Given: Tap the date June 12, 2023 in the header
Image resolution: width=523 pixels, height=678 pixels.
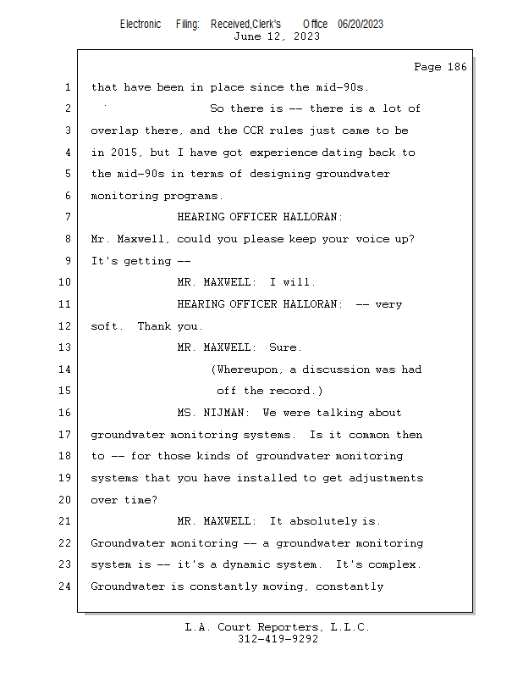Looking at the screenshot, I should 276,36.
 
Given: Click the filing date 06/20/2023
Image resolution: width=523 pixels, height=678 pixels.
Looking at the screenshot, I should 360,24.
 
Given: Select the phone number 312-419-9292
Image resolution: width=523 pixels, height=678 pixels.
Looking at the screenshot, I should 278,639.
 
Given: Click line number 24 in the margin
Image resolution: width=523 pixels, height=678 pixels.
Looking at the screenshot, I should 65,586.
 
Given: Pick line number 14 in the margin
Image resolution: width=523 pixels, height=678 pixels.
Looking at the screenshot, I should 65,370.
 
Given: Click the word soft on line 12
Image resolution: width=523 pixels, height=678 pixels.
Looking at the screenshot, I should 106,326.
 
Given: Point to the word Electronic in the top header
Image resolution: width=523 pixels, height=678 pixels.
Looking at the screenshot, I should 140,24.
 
